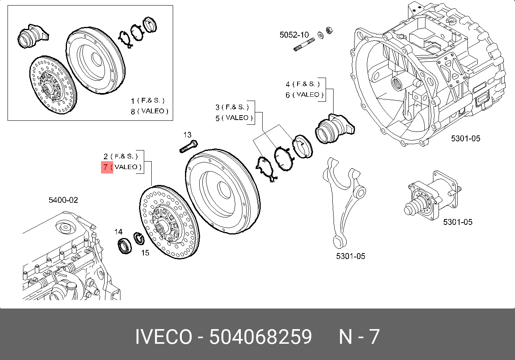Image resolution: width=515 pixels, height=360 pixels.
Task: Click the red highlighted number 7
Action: (105, 167)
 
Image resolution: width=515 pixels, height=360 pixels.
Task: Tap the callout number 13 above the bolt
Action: (187, 135)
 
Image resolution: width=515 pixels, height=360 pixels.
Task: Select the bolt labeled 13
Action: (189, 147)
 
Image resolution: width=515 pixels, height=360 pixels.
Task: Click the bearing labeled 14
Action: (125, 246)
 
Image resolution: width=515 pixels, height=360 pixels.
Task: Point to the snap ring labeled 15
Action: (139, 238)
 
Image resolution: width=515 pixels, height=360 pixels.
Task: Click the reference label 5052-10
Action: (294, 35)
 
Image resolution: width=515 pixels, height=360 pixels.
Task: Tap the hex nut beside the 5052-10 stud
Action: (329, 30)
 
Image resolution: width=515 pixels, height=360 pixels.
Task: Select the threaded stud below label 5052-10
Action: (304, 45)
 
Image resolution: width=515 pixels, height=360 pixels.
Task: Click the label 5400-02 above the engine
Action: (63, 200)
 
